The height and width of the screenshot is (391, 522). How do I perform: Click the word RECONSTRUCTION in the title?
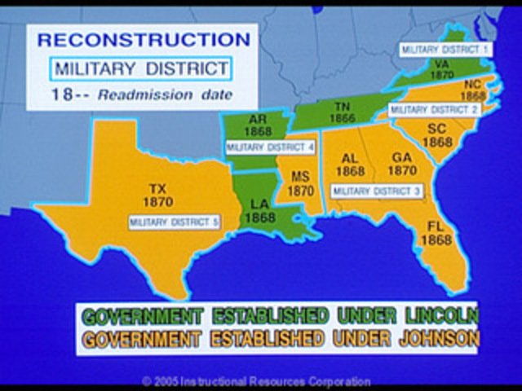[x=144, y=40]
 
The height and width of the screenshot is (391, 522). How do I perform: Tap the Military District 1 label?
[x=445, y=49]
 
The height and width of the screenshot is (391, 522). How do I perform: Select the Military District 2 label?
[x=434, y=109]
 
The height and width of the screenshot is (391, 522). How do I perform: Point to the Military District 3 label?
[x=376, y=191]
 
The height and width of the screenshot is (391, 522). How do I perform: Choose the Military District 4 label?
[x=269, y=147]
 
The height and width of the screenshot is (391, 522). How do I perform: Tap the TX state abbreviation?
[x=157, y=188]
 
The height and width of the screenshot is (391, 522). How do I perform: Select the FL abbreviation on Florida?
[x=430, y=227]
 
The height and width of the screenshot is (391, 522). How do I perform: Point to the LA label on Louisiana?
[x=260, y=204]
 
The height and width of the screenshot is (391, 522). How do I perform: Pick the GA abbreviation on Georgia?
[x=400, y=157]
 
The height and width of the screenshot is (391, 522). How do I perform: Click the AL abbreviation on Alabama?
[x=350, y=158]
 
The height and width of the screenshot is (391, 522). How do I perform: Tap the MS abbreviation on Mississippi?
[x=300, y=176]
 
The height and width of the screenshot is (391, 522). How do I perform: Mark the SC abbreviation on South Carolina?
[x=436, y=129]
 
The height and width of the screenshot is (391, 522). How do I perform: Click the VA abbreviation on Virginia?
[x=441, y=63]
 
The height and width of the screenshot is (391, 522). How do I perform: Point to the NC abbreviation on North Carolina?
[x=472, y=83]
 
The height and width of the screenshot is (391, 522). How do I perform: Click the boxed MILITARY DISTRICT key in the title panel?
[x=140, y=68]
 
